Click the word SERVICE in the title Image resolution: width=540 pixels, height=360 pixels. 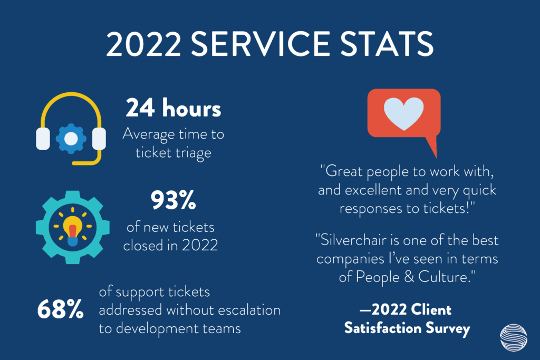point(261,44)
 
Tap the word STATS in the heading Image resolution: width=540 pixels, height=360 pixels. point(387,44)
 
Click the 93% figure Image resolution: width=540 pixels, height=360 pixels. point(173,200)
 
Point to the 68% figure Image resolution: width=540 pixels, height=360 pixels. point(60,309)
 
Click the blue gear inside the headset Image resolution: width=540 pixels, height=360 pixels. point(71,139)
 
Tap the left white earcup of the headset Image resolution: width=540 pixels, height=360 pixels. point(43,139)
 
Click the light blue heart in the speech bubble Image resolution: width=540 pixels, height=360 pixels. point(403,113)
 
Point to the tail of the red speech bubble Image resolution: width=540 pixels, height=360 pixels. point(432,147)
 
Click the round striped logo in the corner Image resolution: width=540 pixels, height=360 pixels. point(514,338)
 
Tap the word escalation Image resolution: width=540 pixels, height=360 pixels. point(249,310)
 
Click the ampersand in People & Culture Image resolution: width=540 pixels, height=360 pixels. point(409,277)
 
